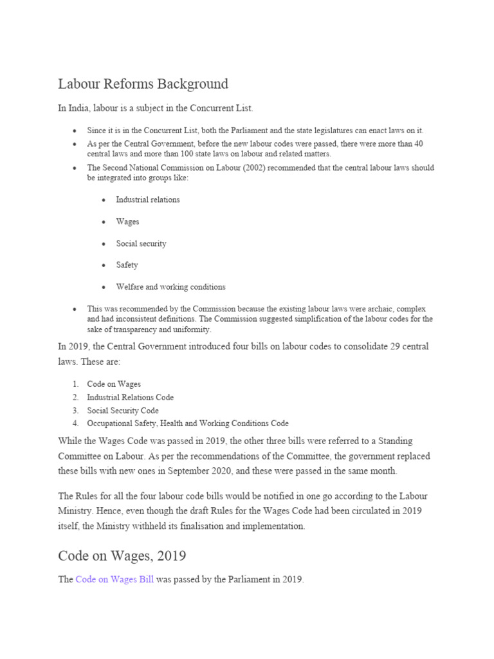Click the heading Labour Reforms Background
tap(143, 84)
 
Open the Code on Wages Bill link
tap(114, 579)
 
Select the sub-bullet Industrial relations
tap(147, 200)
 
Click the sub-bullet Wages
tap(127, 221)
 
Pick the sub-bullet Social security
tap(141, 243)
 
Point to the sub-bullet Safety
tap(127, 265)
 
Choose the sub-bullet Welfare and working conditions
tap(170, 287)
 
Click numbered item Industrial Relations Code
tap(130, 397)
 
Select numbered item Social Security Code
tap(123, 411)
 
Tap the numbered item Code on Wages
tap(114, 384)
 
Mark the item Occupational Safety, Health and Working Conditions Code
tap(188, 423)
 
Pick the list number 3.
tap(75, 411)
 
